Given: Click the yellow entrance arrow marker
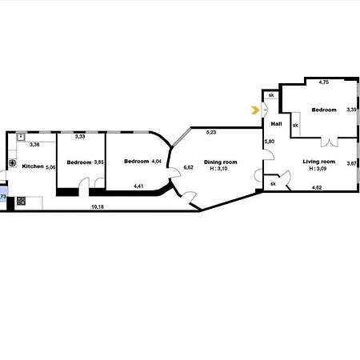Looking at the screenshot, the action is (255, 110).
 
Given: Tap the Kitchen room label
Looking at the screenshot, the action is (33, 166).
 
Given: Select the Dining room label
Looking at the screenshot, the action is (220, 162).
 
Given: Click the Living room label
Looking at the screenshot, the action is (319, 162).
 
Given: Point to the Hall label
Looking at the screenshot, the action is (276, 124).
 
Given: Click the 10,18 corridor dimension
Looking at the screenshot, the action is (98, 206).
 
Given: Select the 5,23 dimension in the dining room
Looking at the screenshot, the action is (211, 132).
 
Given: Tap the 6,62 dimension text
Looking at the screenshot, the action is (188, 167).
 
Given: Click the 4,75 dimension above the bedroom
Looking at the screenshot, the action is (324, 82).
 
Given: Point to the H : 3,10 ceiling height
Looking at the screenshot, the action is (218, 169).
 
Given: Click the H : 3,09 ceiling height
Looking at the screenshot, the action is (318, 169).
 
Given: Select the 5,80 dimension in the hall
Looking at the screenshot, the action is (270, 142).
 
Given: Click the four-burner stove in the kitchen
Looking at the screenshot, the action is (21, 201).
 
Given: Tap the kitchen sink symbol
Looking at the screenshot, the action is (21, 137).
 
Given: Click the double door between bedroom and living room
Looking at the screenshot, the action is (330, 142).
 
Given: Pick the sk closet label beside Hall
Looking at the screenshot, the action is (295, 125).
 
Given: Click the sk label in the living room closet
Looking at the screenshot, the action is (273, 184).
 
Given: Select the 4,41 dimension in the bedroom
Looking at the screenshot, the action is (138, 186).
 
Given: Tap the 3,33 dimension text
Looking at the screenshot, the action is (80, 137).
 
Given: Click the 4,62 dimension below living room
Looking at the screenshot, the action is (317, 187).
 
